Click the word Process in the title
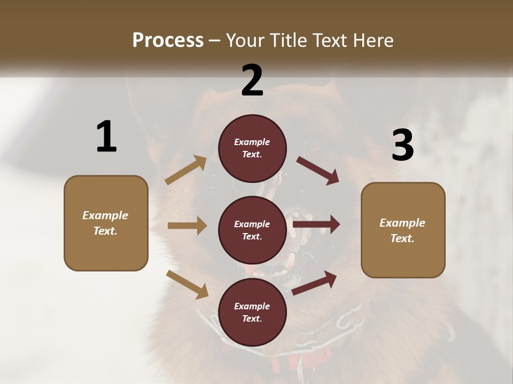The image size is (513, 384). [x=168, y=40]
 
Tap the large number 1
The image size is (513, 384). [x=106, y=137]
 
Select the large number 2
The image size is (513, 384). [x=252, y=81]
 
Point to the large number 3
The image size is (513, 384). [x=403, y=145]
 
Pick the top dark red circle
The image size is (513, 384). [x=252, y=148]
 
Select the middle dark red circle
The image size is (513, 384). [x=252, y=230]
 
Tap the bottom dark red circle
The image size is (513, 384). [x=252, y=312]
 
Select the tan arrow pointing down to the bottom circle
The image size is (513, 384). [x=187, y=284]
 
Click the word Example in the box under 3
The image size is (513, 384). [x=402, y=223]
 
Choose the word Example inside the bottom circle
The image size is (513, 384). [x=252, y=306]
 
